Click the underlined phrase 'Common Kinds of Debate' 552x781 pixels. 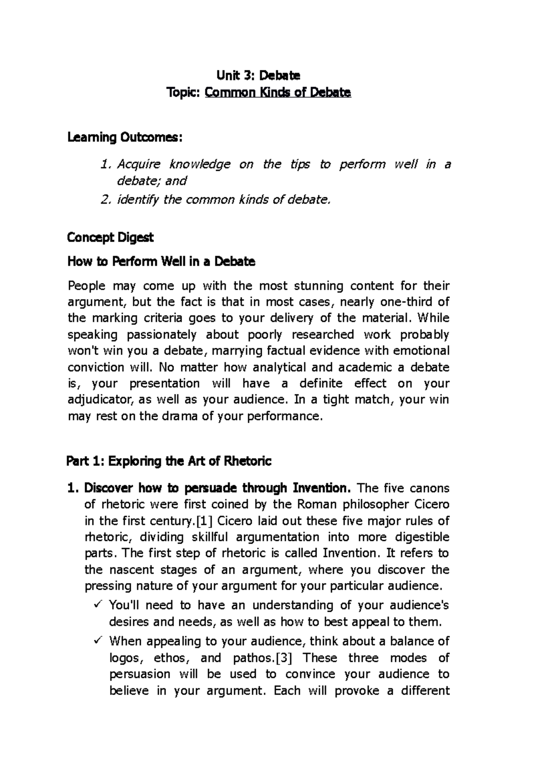click(x=278, y=93)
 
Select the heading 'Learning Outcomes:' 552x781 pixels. click(x=125, y=138)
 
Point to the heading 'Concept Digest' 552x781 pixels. click(x=110, y=237)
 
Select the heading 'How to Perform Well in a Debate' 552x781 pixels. click(x=161, y=262)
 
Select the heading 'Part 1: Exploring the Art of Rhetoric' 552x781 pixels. click(x=169, y=461)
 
